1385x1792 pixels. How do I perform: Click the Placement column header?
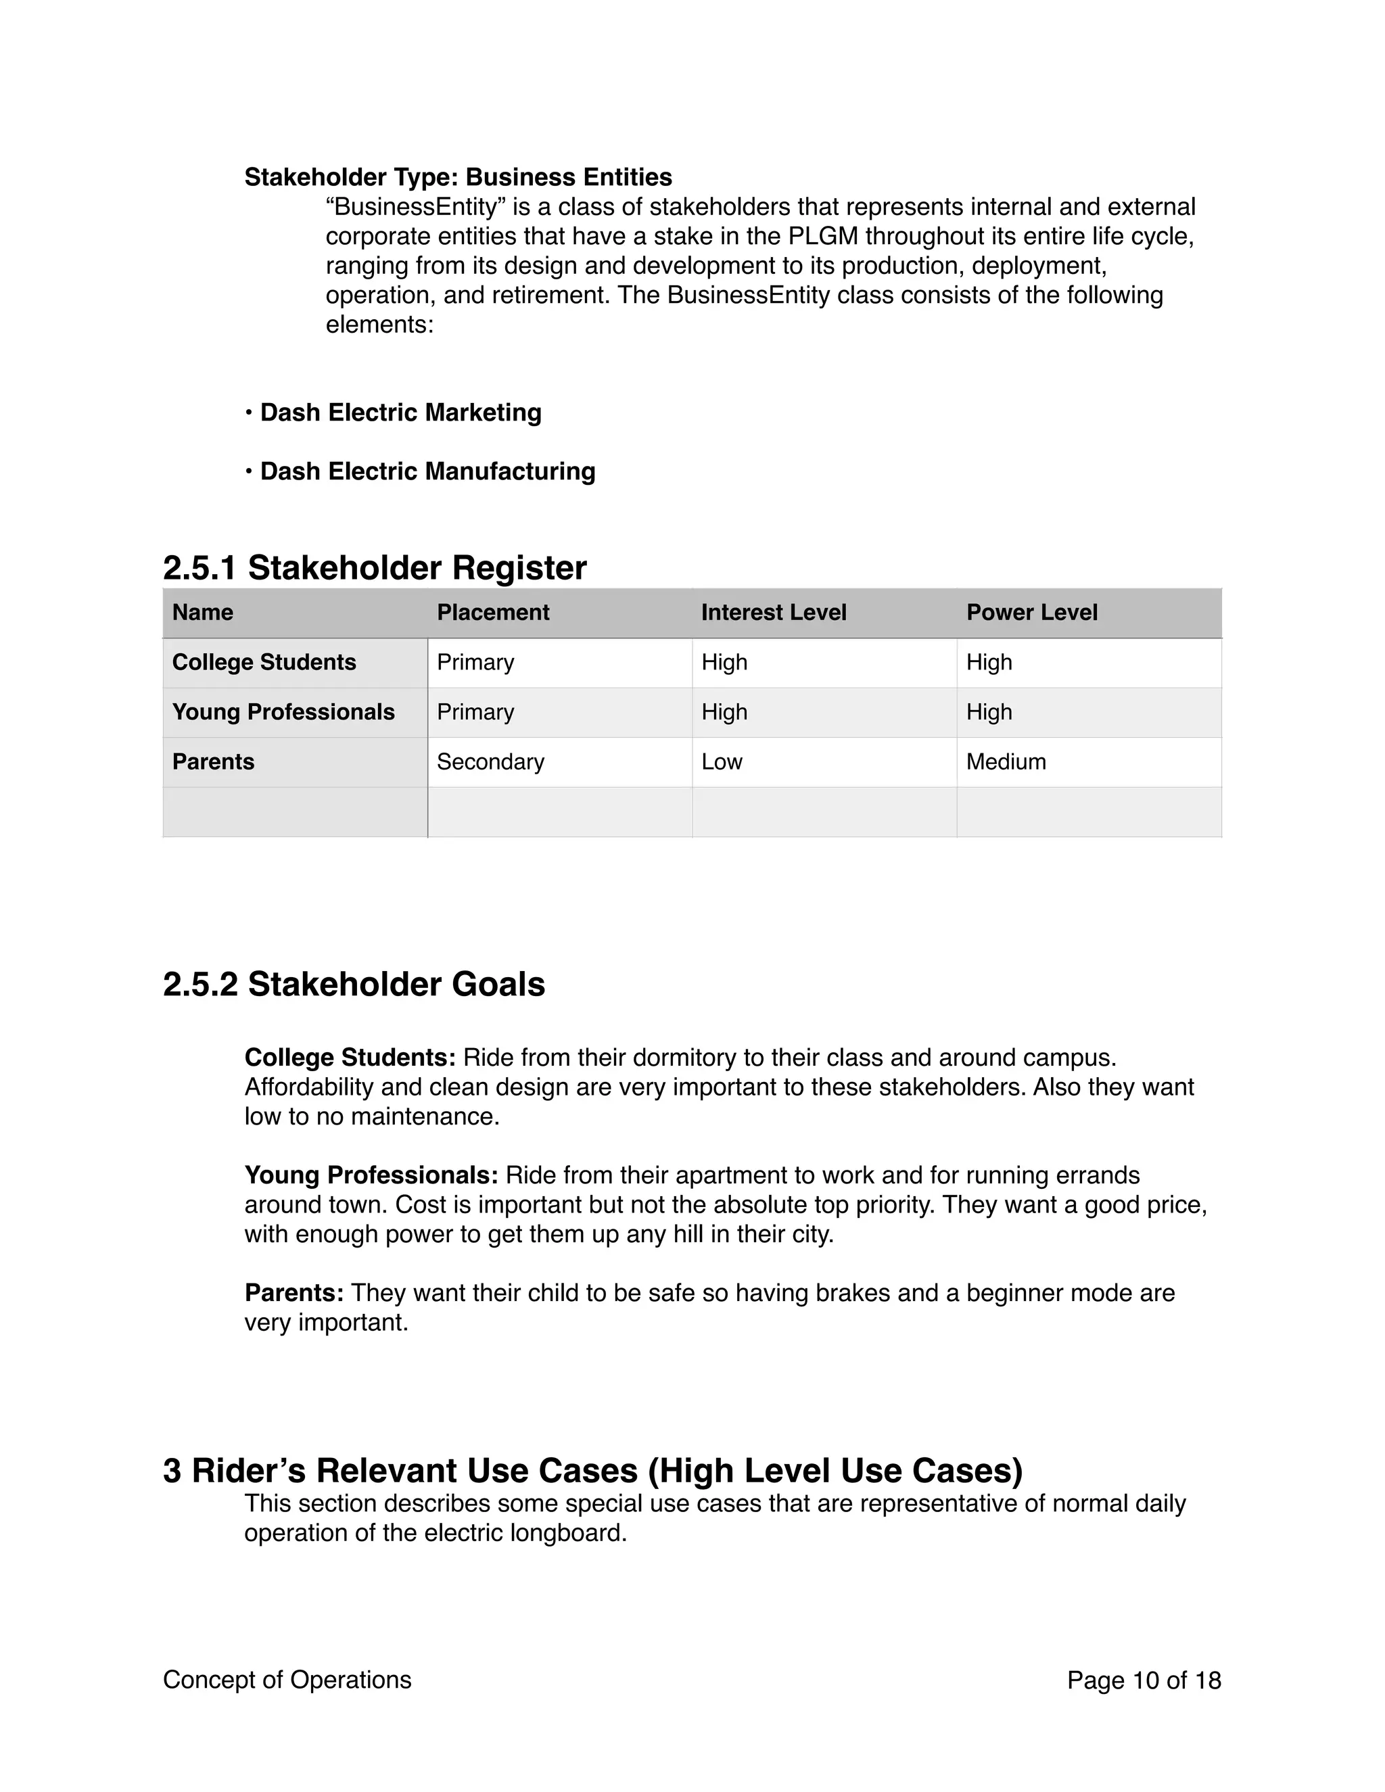pos(492,612)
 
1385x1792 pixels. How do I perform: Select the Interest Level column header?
pos(773,612)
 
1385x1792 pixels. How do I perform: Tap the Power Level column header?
pos(1031,612)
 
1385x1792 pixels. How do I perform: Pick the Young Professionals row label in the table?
pos(283,712)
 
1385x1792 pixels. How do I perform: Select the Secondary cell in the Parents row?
pos(490,761)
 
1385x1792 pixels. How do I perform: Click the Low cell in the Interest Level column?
pos(721,761)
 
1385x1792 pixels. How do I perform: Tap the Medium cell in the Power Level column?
pos(1005,761)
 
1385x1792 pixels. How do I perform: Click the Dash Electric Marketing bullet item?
pos(400,412)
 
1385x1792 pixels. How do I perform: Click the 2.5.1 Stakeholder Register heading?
pos(374,568)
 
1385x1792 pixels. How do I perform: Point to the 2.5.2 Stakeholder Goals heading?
pos(354,984)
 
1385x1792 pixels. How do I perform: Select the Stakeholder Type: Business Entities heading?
pos(458,177)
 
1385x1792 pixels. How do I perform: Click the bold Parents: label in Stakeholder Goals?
pos(294,1293)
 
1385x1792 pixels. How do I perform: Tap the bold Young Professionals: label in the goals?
pos(371,1175)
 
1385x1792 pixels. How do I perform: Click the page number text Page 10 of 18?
pos(1143,1680)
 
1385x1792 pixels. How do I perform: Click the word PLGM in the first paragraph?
pos(822,236)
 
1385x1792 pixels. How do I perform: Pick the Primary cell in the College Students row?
pos(475,662)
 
